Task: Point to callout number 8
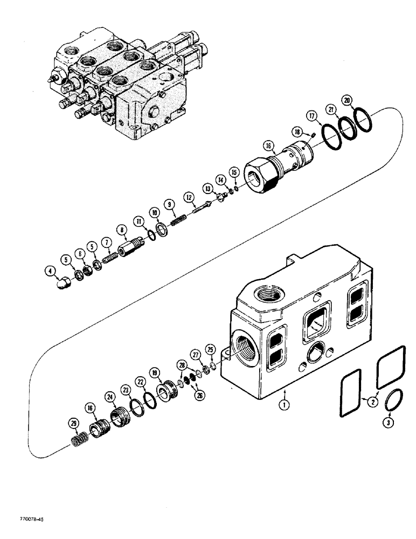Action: pos(122,229)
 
